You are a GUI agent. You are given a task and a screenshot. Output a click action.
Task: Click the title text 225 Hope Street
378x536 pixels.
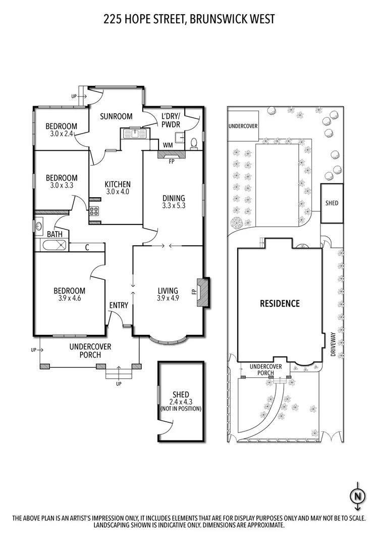[x=189, y=19]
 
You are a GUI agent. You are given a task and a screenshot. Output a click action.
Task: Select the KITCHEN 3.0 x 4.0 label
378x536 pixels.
[x=118, y=188]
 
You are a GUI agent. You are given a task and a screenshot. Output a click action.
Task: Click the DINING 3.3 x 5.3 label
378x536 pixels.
[x=174, y=202]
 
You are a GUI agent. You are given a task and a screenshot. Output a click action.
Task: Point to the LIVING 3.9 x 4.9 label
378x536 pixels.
[x=168, y=294]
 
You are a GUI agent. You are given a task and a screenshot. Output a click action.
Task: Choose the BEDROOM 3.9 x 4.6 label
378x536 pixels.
[x=70, y=294]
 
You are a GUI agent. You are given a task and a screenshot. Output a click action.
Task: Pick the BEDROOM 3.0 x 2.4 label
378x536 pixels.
[x=62, y=130]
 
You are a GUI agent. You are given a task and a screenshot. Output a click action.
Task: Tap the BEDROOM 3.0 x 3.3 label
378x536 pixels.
[x=62, y=181]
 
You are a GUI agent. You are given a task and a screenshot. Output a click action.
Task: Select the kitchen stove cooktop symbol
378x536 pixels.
[x=94, y=211]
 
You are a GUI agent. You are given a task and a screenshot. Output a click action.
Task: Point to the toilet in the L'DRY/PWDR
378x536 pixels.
[x=194, y=143]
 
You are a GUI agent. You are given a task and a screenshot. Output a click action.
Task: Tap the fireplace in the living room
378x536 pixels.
[x=202, y=292]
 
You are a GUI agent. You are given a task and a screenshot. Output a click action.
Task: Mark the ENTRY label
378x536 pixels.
[x=119, y=305]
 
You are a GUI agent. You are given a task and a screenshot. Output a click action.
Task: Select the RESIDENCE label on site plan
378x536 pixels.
[x=280, y=303]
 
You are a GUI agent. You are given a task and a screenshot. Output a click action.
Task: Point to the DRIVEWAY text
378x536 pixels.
[x=333, y=345]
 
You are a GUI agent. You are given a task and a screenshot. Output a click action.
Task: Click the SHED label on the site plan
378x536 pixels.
[x=332, y=203]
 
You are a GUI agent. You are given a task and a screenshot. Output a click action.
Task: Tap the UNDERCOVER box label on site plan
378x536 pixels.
[x=243, y=126]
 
